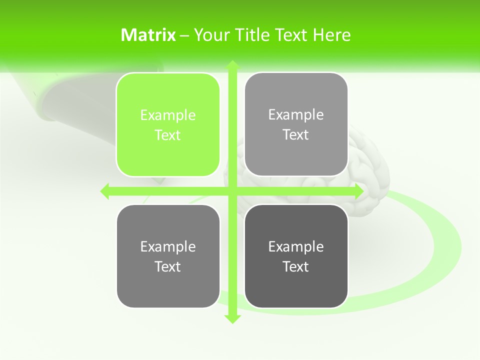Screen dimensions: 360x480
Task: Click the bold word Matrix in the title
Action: (x=148, y=35)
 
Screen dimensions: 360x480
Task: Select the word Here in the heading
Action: (x=331, y=35)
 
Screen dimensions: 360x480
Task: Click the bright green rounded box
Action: (x=168, y=125)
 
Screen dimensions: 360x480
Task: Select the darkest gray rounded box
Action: (x=296, y=256)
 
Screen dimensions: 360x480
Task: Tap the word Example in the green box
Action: (x=168, y=115)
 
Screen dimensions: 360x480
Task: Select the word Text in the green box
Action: (x=168, y=135)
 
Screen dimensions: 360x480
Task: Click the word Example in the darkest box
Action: (x=296, y=246)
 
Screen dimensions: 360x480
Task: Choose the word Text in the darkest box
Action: (x=296, y=266)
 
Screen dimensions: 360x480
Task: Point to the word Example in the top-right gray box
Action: (x=296, y=114)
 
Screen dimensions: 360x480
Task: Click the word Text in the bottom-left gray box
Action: (x=168, y=266)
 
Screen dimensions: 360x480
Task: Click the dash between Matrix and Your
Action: (x=185, y=35)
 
